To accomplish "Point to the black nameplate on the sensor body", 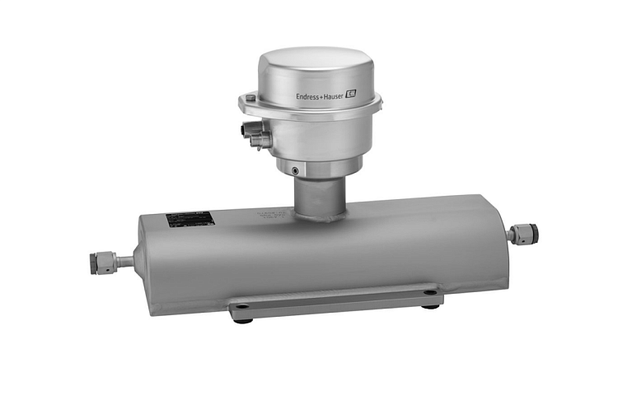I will (190, 219).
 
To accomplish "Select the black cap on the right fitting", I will (533, 233).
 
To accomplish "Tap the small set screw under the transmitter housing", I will (295, 170).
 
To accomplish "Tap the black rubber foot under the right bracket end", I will (430, 305).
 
